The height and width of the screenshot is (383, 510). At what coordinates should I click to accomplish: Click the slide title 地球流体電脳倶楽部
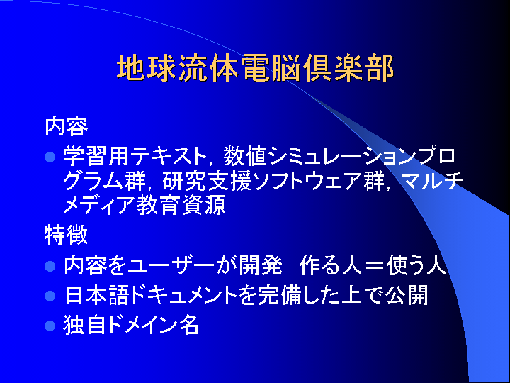255,68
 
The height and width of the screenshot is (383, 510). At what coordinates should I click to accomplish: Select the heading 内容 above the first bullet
67,126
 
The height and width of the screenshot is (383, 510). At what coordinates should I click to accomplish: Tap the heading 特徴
67,235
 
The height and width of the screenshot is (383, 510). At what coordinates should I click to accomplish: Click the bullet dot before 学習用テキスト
50,157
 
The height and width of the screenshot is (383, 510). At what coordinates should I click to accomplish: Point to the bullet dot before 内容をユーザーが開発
50,266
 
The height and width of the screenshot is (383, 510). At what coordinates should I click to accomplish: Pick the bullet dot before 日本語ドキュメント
50,296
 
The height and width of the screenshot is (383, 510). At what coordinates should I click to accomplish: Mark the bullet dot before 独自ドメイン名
50,326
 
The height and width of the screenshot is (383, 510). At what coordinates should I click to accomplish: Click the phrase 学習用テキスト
135,155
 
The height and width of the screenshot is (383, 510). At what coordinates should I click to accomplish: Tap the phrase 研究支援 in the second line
207,181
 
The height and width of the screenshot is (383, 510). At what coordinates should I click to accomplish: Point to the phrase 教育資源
181,206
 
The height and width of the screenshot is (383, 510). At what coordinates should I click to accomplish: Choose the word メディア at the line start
99,206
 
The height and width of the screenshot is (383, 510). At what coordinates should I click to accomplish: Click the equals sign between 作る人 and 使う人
375,266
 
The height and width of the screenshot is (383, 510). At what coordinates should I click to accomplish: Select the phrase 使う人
416,266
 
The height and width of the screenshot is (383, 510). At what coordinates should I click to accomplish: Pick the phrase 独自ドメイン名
131,325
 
